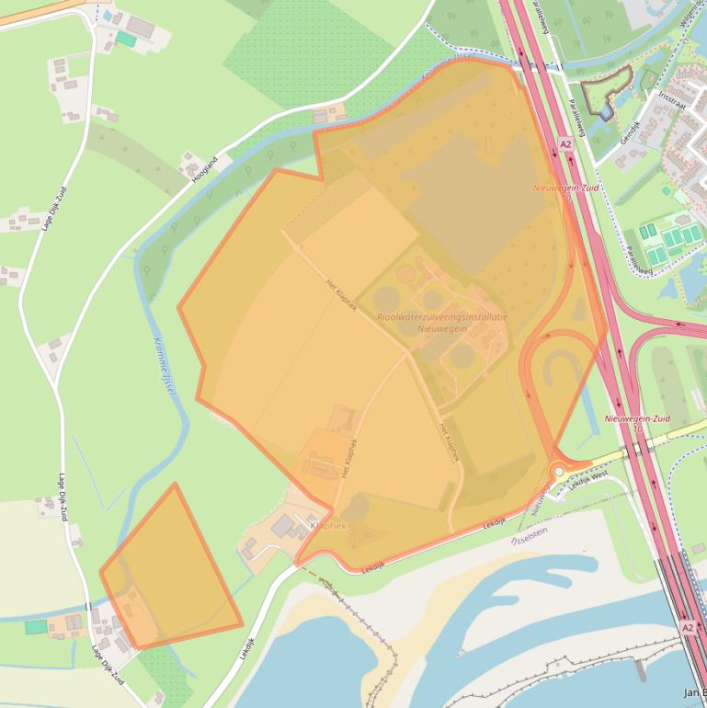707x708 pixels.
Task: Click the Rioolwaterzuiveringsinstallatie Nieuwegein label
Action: [x=441, y=322]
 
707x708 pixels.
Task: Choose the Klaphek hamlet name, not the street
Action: [x=328, y=526]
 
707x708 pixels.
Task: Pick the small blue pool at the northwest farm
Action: [x=109, y=16]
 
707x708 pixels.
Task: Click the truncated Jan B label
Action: [x=694, y=692]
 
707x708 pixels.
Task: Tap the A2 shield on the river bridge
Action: [x=688, y=627]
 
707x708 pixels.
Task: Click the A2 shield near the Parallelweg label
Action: [x=564, y=144]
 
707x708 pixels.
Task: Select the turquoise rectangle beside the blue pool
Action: [x=126, y=40]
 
